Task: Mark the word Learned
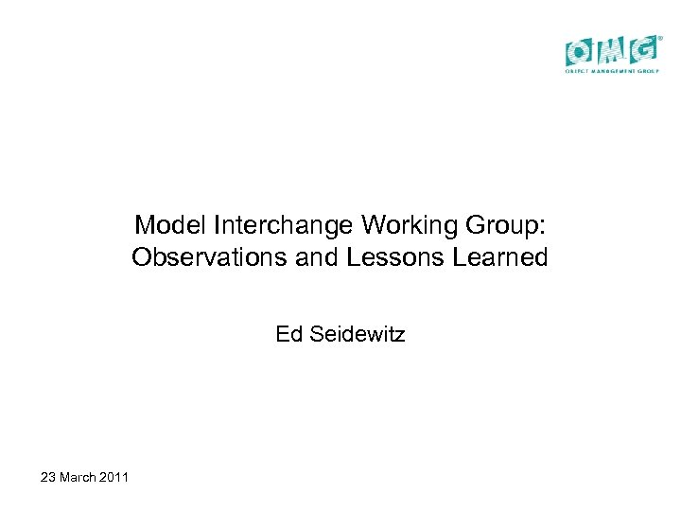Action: click(x=498, y=257)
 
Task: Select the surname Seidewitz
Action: click(x=356, y=334)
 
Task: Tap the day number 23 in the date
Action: click(x=48, y=476)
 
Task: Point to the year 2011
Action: click(x=113, y=476)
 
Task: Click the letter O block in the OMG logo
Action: click(x=580, y=50)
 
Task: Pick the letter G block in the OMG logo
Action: click(x=642, y=50)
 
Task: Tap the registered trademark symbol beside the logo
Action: click(x=660, y=39)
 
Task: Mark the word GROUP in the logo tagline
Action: click(x=649, y=72)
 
